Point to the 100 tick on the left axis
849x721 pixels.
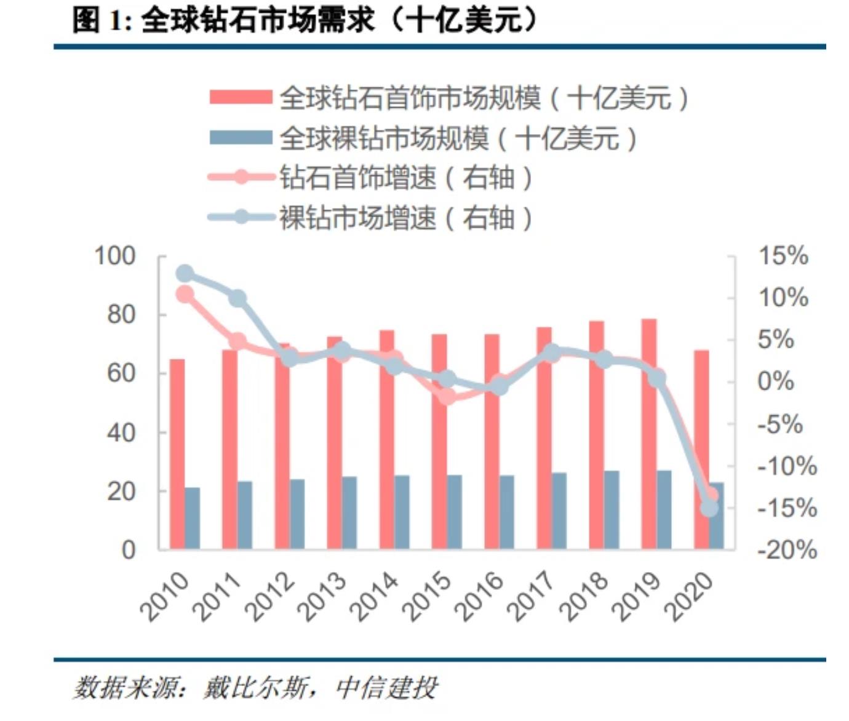click(x=115, y=256)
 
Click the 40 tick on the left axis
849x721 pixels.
click(x=121, y=432)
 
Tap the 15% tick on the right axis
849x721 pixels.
click(x=783, y=256)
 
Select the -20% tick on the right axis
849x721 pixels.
click(x=787, y=549)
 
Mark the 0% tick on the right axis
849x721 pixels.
click(x=776, y=381)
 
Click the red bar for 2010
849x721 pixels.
click(x=177, y=454)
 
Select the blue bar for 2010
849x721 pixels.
click(x=193, y=518)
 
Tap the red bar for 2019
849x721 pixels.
click(x=649, y=434)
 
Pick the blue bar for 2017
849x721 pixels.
click(x=559, y=511)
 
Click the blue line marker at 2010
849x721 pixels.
click(x=185, y=274)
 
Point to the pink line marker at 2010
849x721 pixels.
click(x=185, y=295)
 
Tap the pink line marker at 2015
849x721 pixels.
click(x=447, y=397)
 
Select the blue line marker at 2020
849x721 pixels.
click(x=709, y=508)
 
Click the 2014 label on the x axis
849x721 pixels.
click(x=373, y=596)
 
